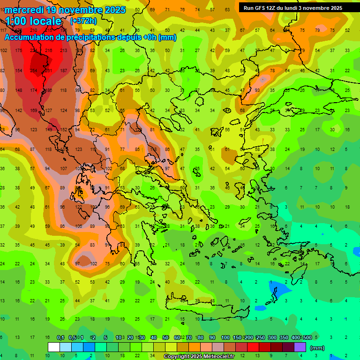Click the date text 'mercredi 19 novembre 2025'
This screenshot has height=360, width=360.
pos(65,10)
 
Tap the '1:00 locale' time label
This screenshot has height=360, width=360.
pos(33,21)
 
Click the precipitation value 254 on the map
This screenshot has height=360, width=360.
pos(33,71)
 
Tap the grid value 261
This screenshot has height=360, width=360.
pos(48,71)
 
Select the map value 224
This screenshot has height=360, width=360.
pos(33,51)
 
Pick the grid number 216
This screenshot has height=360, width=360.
pos(48,51)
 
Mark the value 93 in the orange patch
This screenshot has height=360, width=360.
pos(257,90)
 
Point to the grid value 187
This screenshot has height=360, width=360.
pos(63,71)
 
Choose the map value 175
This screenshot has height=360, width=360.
pos(18,51)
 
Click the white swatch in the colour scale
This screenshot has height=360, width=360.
pos(54,347)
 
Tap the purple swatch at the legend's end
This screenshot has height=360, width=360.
pos(300,347)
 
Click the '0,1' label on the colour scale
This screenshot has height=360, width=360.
pos(60,337)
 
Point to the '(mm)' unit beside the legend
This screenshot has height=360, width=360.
pos(317,348)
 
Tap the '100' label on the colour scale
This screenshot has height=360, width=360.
pos(225,337)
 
